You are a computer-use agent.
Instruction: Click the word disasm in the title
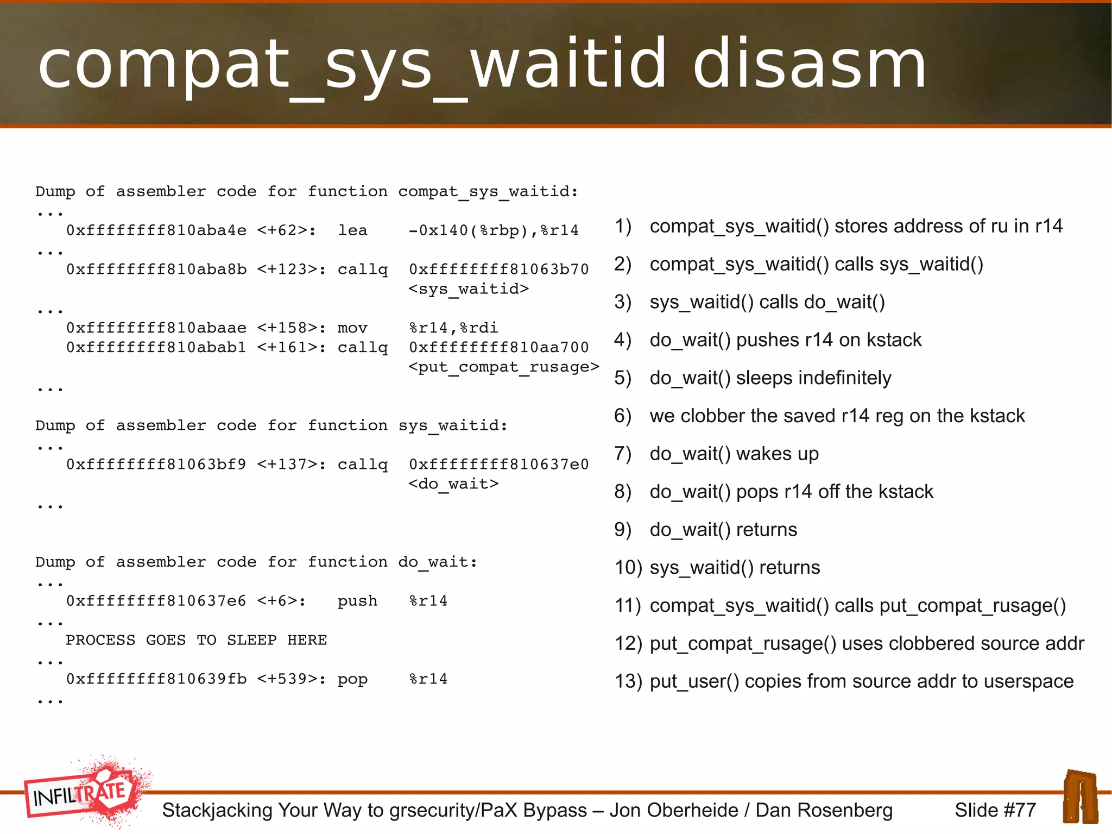pos(809,64)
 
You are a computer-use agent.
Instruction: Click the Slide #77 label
pos(995,810)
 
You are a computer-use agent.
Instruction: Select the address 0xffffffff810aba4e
pos(156,230)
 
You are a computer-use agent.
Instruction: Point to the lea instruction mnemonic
pos(352,230)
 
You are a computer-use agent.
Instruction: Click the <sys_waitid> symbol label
pos(468,289)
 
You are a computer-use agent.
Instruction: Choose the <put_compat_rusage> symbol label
pos(503,367)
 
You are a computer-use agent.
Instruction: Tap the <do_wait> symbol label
pos(453,484)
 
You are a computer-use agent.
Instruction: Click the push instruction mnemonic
pos(357,601)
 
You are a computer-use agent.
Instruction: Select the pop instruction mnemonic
pos(352,679)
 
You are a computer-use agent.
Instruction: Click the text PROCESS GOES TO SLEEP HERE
pos(196,640)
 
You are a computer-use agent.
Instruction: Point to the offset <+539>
pos(291,679)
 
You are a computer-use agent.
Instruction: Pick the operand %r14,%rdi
pos(453,328)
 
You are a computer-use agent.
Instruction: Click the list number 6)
pos(623,416)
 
